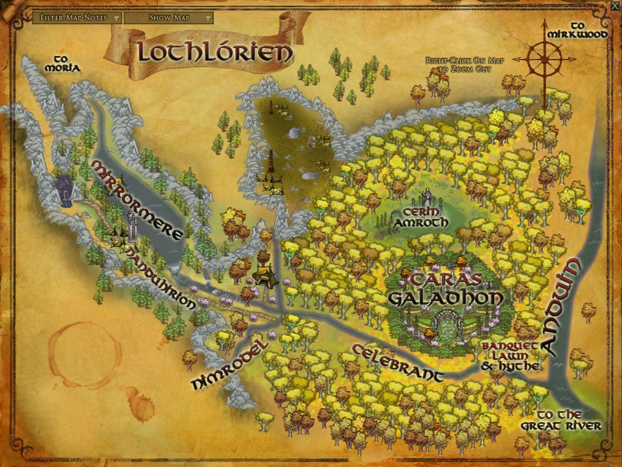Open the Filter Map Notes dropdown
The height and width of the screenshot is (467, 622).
click(x=77, y=18)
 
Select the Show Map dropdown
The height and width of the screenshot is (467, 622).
click(x=168, y=18)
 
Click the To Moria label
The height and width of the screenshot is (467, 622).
click(x=62, y=63)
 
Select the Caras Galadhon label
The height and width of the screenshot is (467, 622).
click(x=446, y=289)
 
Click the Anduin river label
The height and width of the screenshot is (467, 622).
click(x=562, y=307)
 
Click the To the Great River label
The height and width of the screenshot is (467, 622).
click(x=560, y=420)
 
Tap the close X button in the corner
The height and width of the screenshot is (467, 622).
click(x=615, y=6)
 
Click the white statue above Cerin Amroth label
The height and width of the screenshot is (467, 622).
click(x=429, y=196)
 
